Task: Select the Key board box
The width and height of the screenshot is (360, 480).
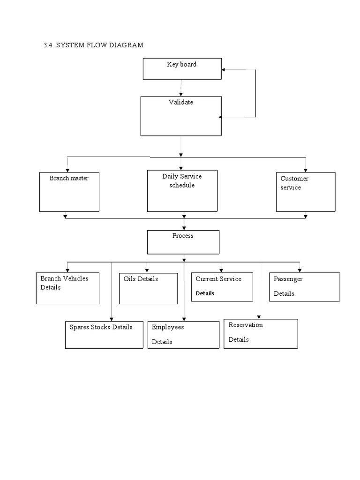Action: click(x=182, y=69)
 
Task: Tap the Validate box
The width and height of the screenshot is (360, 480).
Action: click(x=181, y=116)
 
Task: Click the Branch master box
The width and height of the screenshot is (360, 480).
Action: click(x=69, y=192)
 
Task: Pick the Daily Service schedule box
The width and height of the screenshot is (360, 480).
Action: click(x=182, y=191)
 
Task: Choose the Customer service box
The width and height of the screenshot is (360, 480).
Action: click(x=306, y=192)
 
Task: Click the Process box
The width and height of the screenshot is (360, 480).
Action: click(x=183, y=241)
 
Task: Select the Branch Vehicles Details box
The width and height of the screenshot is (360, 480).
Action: click(x=67, y=288)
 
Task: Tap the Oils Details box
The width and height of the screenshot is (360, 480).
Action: click(x=148, y=288)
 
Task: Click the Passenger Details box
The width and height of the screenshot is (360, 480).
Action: click(x=304, y=287)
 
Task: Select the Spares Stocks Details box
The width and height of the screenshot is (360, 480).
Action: click(x=104, y=335)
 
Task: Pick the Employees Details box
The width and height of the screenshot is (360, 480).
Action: click(x=183, y=335)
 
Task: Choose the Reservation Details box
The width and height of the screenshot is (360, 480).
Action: click(x=261, y=334)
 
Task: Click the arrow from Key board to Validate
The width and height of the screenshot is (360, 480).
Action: click(x=181, y=88)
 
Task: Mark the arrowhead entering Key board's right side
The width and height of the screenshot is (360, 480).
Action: click(x=224, y=70)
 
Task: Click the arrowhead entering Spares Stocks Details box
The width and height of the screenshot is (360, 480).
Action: click(x=111, y=319)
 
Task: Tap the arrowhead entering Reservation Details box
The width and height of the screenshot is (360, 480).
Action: click(x=259, y=317)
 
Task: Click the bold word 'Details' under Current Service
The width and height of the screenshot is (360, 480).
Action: click(x=205, y=293)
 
